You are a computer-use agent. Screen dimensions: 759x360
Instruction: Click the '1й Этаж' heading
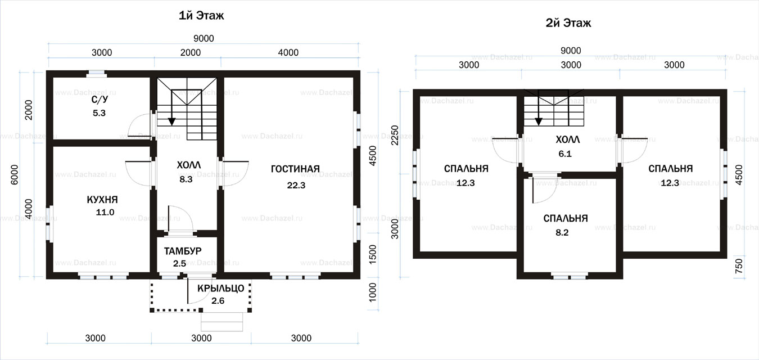tap(201, 16)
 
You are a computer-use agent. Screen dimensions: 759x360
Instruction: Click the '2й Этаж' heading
tap(568, 23)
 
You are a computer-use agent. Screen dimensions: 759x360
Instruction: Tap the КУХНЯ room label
tap(102, 199)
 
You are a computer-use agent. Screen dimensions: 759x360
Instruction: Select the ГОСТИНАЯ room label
tap(295, 169)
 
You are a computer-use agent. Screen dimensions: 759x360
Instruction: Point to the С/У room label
tap(100, 100)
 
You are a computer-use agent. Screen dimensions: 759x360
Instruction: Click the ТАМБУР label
tap(183, 251)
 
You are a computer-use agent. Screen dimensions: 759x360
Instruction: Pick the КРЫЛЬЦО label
tap(220, 288)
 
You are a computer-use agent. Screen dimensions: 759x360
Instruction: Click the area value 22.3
tap(296, 185)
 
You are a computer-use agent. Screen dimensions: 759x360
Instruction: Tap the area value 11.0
tap(105, 212)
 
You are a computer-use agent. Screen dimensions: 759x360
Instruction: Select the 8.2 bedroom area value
tap(562, 232)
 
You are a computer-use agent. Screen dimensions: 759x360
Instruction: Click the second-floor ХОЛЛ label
tap(568, 139)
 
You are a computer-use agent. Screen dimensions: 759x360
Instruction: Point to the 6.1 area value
tap(565, 154)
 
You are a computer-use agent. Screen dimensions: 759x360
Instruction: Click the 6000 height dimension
tap(15, 174)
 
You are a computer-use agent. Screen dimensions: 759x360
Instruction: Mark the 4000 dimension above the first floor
tap(288, 52)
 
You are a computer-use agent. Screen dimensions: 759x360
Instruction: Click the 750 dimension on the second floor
tap(739, 266)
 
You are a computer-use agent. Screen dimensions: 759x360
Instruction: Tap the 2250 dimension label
tap(395, 135)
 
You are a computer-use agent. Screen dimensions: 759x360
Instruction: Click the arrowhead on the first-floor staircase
tap(172, 121)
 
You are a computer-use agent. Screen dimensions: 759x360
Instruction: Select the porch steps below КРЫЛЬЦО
tap(222, 321)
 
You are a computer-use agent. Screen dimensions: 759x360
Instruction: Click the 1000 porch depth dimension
tap(372, 292)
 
